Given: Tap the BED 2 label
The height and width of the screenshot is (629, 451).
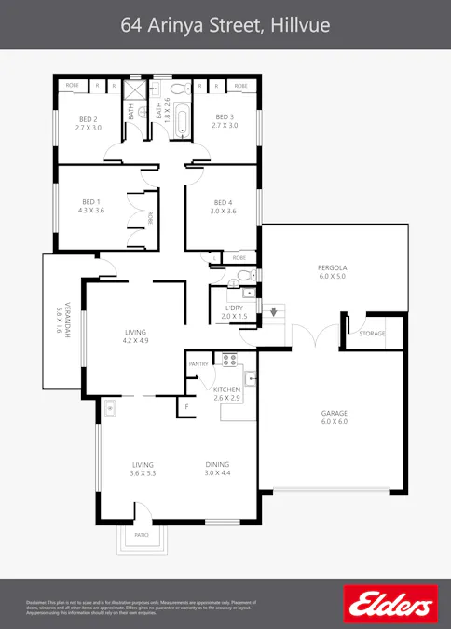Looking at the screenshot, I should (x=88, y=120).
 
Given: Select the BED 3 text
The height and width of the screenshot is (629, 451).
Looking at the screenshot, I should (x=225, y=120).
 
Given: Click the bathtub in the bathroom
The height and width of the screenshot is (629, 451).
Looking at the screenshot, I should (x=179, y=118).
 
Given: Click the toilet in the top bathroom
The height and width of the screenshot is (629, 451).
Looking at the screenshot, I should (x=195, y=89).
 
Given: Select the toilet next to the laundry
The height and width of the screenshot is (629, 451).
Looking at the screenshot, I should (x=244, y=275).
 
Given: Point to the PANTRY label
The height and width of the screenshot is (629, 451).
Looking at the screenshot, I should (x=198, y=363).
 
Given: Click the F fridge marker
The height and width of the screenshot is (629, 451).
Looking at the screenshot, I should (x=186, y=407).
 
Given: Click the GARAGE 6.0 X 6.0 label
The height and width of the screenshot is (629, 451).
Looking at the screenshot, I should (x=333, y=417).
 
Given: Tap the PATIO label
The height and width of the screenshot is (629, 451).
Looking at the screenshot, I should (x=142, y=535).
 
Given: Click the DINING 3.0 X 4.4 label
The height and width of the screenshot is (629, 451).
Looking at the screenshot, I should (x=217, y=469).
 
